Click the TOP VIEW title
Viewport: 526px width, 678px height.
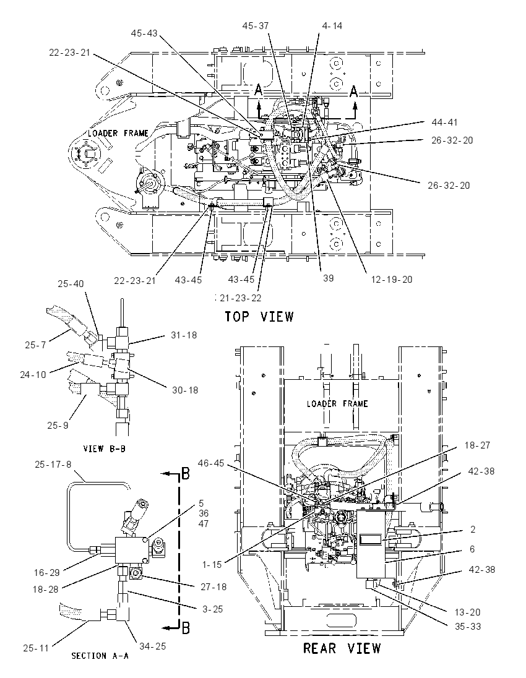pyautogui.click(x=259, y=317)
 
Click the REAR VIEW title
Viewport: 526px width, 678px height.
pyautogui.click(x=342, y=648)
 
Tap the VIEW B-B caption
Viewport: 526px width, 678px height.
pyautogui.click(x=104, y=449)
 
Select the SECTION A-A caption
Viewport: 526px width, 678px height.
pyautogui.click(x=100, y=656)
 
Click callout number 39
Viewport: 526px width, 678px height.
pyautogui.click(x=329, y=278)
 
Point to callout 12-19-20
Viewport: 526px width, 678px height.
pyautogui.click(x=392, y=280)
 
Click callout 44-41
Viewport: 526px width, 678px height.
pyautogui.click(x=444, y=123)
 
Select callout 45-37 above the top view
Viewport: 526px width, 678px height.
pyautogui.click(x=255, y=26)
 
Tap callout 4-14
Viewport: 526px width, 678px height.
pyautogui.click(x=332, y=26)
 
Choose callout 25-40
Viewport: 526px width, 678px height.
pyautogui.click(x=71, y=284)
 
